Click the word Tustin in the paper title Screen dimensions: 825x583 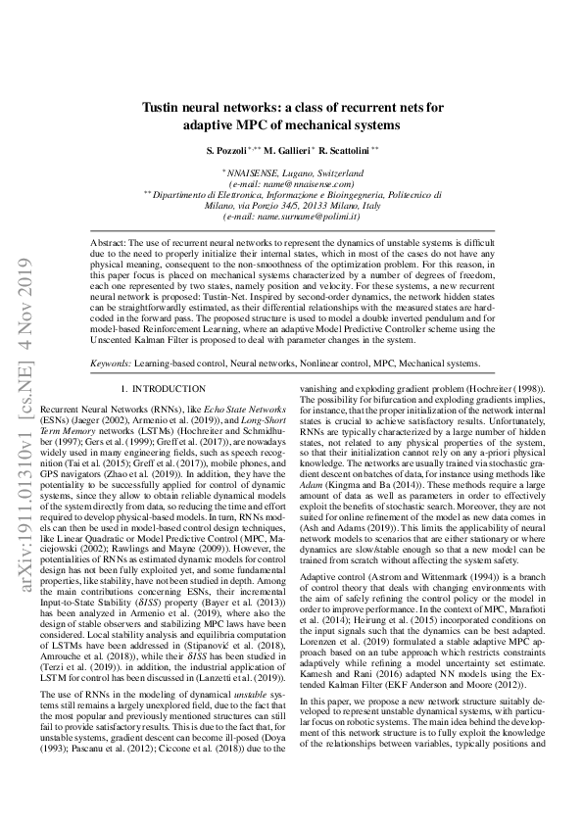[162, 109]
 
